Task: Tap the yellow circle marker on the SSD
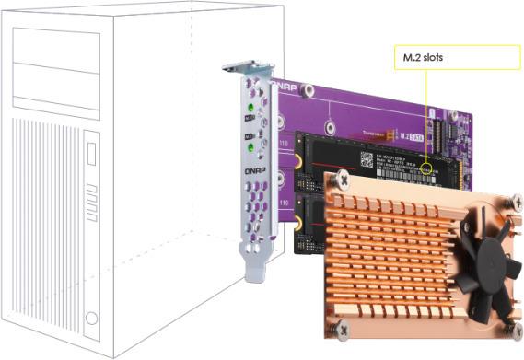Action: (x=425, y=169)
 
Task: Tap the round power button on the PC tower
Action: (x=90, y=319)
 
